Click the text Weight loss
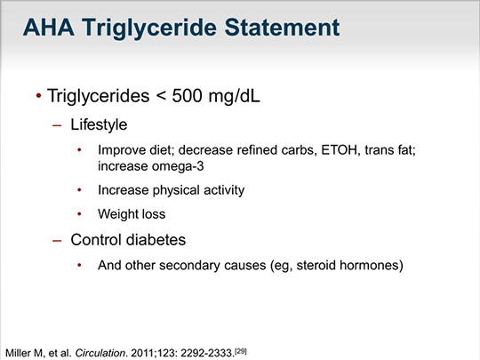(x=132, y=214)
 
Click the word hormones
(x=380, y=265)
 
